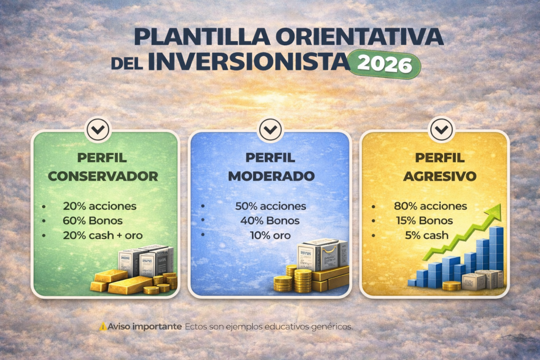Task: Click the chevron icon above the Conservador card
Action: [x=98, y=129]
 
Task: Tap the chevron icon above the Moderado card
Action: [x=269, y=129]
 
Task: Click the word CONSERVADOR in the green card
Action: [x=103, y=176]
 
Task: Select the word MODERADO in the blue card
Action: [x=271, y=176]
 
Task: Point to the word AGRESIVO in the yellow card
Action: [x=439, y=176]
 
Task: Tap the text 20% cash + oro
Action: [x=103, y=235]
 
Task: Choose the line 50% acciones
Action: [x=271, y=206]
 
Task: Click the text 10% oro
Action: [x=271, y=236]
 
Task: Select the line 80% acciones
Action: [x=430, y=206]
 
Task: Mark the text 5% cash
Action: [x=420, y=236]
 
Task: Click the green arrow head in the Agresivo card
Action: [x=494, y=212]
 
